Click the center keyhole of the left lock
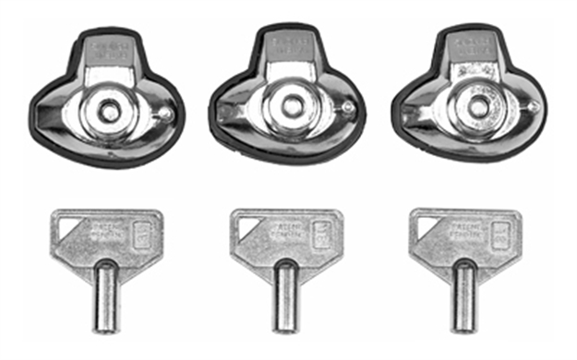click(x=110, y=112)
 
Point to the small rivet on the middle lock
click(x=347, y=109)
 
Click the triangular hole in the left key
click(x=66, y=223)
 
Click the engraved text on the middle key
click(x=283, y=228)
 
